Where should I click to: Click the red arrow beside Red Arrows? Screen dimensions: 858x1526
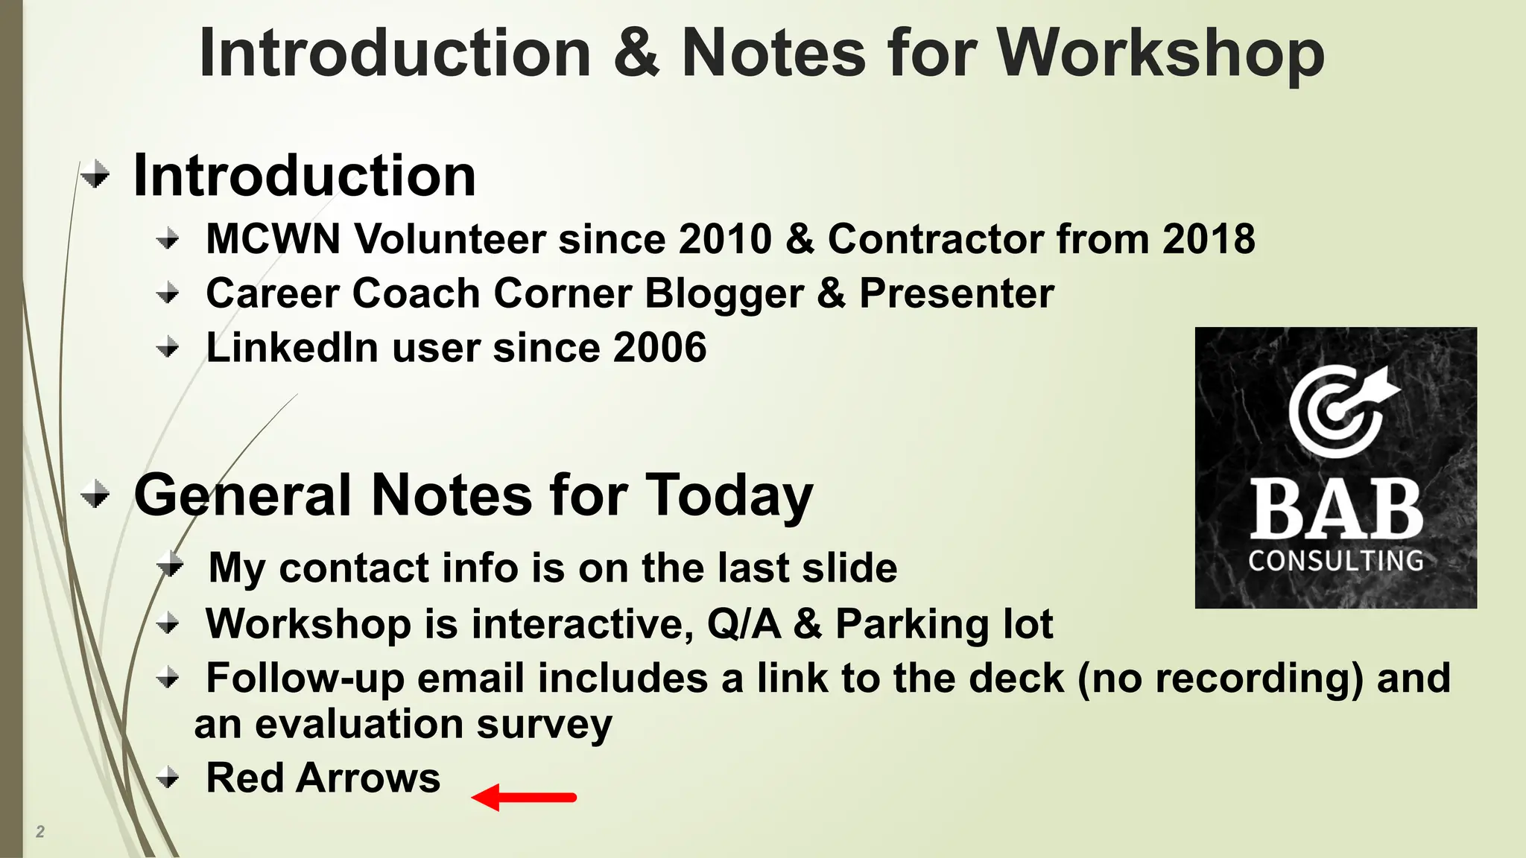click(x=525, y=797)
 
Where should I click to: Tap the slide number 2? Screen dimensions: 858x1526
click(x=40, y=831)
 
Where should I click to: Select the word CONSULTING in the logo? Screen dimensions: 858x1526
click(x=1336, y=560)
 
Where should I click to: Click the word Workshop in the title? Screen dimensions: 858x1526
click(x=1160, y=54)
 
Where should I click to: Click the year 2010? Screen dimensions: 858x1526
click(x=725, y=239)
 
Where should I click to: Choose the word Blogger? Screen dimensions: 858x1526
click(x=724, y=293)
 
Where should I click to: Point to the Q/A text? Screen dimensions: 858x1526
click(x=744, y=623)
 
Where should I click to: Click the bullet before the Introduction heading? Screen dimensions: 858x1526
click(x=95, y=176)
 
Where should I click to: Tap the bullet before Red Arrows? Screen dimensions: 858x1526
click(x=168, y=779)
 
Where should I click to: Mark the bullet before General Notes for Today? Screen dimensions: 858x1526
click(x=95, y=495)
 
